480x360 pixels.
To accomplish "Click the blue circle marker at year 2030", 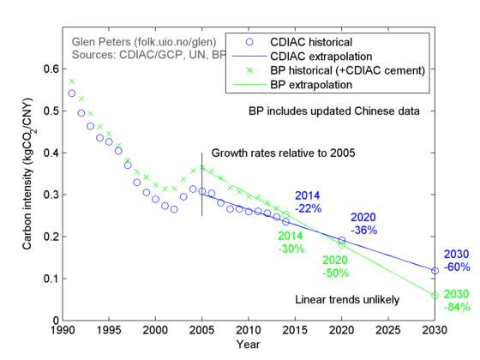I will tap(435, 270).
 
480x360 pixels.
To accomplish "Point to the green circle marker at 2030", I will tap(435, 295).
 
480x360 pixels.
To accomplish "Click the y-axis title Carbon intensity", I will tap(30, 178).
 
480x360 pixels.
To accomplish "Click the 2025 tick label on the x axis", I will tap(388, 330).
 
